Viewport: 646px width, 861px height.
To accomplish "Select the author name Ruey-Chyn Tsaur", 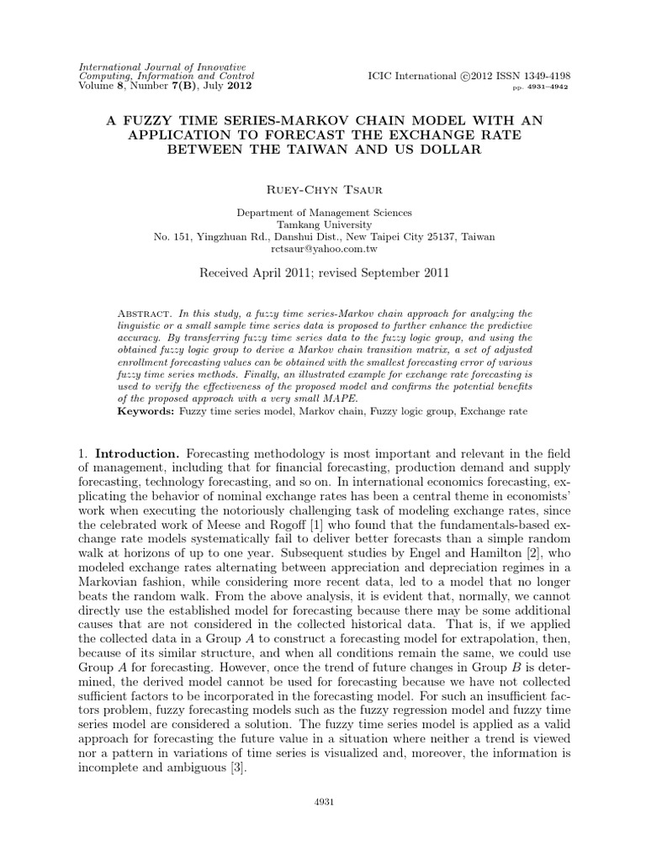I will [323, 190].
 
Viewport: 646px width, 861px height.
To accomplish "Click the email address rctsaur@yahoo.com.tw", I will [324, 250].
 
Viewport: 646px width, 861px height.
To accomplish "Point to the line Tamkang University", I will [324, 224].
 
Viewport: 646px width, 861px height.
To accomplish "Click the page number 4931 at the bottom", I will [323, 801].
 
